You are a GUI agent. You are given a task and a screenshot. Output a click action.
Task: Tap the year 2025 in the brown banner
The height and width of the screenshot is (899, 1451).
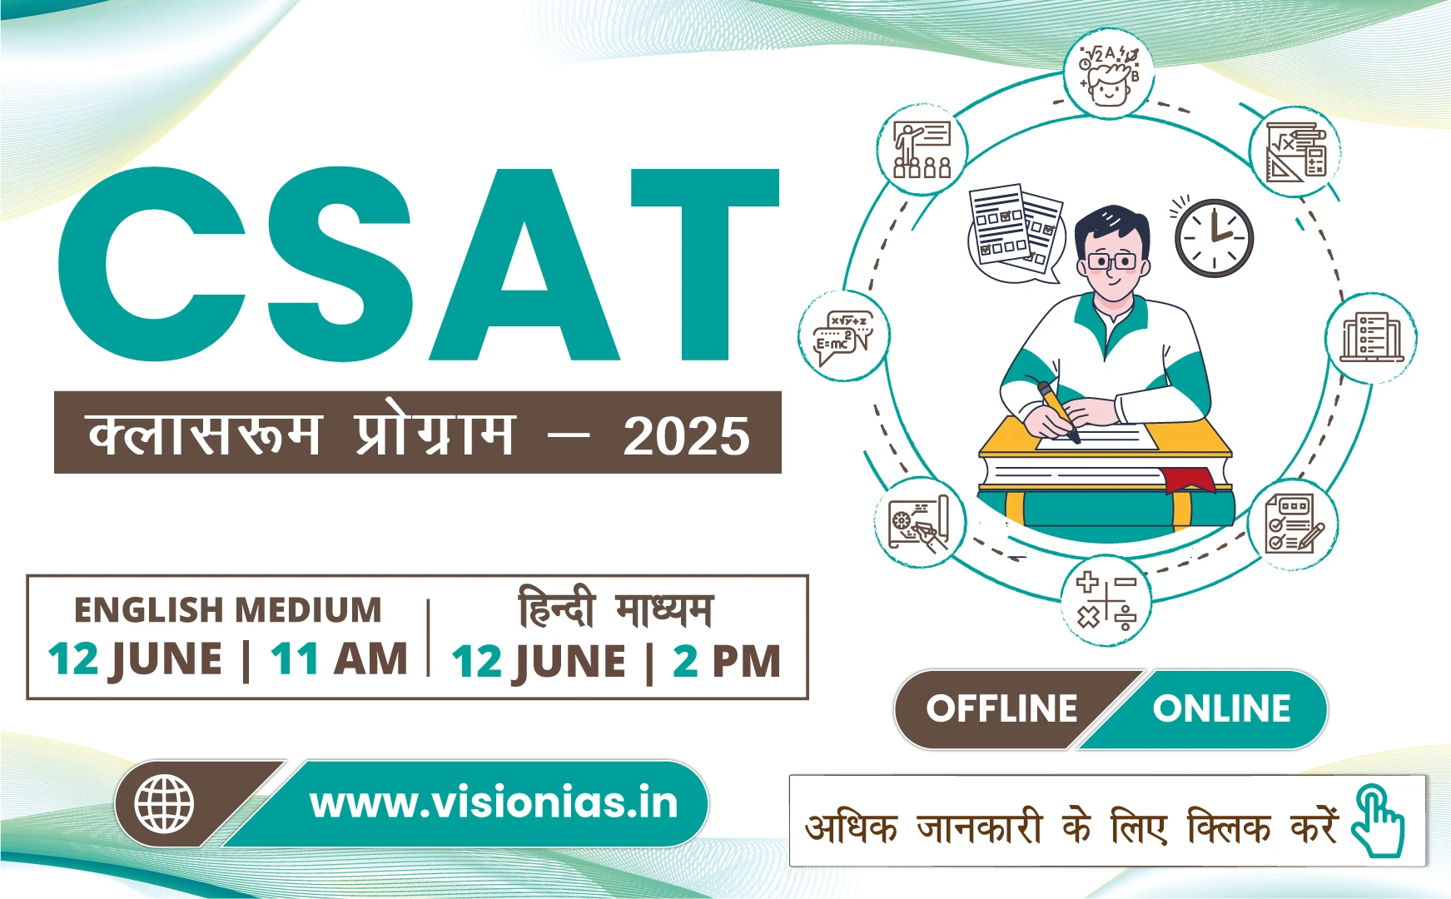pyautogui.click(x=686, y=435)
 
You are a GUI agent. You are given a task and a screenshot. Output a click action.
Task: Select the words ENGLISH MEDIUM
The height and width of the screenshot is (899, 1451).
pyautogui.click(x=227, y=610)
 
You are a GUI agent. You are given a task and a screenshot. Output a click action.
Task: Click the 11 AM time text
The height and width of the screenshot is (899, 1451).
pyautogui.click(x=338, y=659)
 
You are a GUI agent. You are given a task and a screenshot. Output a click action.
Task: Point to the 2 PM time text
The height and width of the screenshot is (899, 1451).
pyautogui.click(x=726, y=662)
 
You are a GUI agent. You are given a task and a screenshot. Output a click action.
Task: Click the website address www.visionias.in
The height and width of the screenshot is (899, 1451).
pyautogui.click(x=494, y=803)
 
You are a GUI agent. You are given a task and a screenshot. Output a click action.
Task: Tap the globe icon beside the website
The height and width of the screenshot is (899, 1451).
pyautogui.click(x=164, y=804)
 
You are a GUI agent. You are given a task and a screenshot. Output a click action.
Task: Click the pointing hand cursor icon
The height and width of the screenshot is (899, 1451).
pyautogui.click(x=1378, y=822)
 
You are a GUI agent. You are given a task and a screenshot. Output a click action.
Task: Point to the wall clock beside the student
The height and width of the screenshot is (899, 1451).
pyautogui.click(x=1214, y=237)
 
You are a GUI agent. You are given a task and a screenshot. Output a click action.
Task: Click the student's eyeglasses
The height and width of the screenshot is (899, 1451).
pyautogui.click(x=1111, y=261)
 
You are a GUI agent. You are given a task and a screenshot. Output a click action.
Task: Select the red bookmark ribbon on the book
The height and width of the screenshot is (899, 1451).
pyautogui.click(x=1188, y=480)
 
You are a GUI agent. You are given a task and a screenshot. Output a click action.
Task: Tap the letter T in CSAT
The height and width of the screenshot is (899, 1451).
pyautogui.click(x=704, y=265)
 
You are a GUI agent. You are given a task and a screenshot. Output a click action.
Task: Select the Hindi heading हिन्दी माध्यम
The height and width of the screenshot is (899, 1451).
pyautogui.click(x=615, y=608)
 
